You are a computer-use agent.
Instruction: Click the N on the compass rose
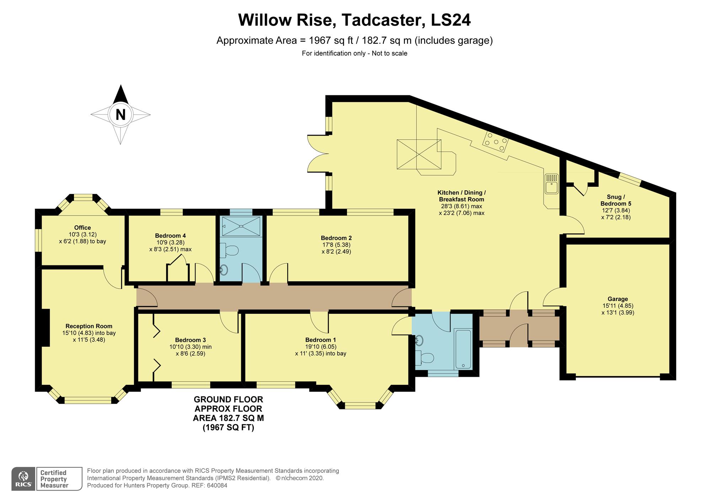121,115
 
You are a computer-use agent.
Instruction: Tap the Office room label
82,228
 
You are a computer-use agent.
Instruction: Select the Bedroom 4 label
170,235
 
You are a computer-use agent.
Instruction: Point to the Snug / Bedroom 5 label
616,200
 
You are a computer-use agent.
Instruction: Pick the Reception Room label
89,326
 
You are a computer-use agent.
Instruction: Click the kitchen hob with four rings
495,142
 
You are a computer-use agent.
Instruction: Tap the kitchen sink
551,184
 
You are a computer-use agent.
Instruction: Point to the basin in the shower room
224,270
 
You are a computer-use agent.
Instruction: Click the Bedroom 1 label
320,340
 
